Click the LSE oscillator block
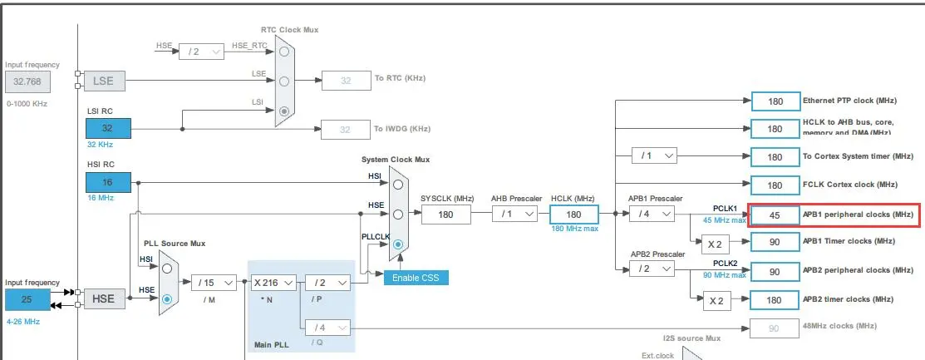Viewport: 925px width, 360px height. [x=104, y=81]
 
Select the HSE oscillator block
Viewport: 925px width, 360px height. [x=104, y=298]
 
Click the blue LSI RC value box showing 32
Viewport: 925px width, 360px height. [x=108, y=129]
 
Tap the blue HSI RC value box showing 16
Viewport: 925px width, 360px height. [x=108, y=183]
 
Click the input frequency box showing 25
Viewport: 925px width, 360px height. [x=27, y=298]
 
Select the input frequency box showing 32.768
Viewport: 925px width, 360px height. [x=27, y=81]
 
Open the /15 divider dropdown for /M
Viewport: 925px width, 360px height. [x=214, y=283]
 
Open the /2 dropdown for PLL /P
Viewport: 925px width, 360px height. [x=327, y=283]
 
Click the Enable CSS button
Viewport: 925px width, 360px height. [x=416, y=277]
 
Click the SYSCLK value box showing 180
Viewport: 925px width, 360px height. [x=446, y=214]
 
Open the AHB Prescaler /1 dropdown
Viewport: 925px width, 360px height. [x=514, y=214]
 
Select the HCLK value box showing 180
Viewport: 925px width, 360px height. [x=573, y=214]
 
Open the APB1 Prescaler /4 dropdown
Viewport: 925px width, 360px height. [x=652, y=214]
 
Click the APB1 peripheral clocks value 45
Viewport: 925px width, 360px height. [x=775, y=215]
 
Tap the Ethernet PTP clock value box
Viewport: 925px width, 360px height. [x=775, y=101]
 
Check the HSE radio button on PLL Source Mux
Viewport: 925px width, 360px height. [x=168, y=298]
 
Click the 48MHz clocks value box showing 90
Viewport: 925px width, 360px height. [x=775, y=328]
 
